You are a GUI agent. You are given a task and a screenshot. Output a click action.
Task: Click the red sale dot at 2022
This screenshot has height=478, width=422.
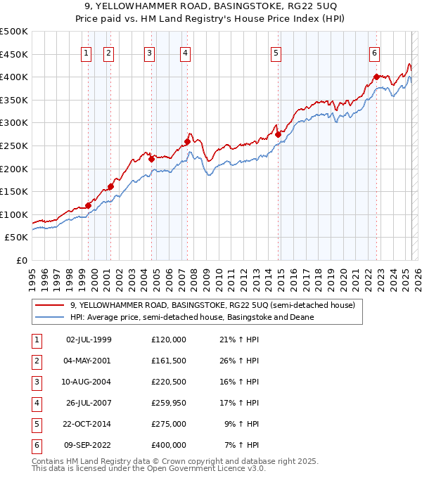tap(376, 77)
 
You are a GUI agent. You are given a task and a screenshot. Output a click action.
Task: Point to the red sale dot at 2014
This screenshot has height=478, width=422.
tap(278, 134)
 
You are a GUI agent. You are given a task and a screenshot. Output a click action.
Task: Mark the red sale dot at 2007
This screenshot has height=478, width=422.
tap(188, 141)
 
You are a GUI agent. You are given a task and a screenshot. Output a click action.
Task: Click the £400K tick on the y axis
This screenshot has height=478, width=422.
tap(14, 77)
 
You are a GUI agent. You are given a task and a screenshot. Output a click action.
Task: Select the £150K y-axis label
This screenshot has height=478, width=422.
tap(14, 191)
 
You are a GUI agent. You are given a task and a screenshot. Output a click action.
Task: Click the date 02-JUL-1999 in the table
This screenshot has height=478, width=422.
tap(88, 340)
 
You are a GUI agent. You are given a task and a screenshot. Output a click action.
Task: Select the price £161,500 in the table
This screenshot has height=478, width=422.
tap(169, 361)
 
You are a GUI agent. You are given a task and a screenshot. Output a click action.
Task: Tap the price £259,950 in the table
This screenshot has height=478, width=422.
tap(169, 403)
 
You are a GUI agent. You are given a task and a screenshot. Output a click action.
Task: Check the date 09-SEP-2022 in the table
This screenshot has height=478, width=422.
tap(88, 445)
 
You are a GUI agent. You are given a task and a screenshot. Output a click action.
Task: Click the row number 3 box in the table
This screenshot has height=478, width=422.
tap(35, 382)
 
